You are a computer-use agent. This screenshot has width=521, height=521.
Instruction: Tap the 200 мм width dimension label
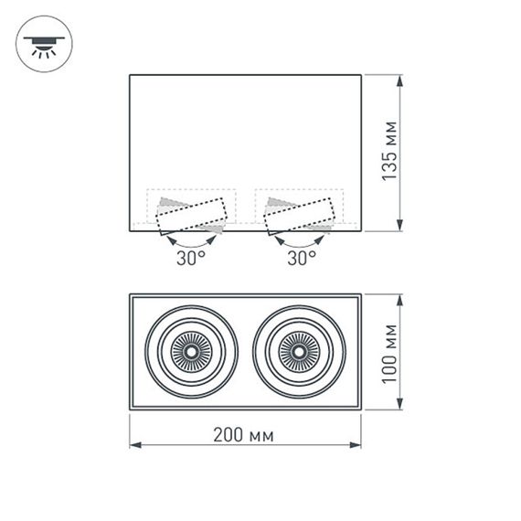tap(246, 435)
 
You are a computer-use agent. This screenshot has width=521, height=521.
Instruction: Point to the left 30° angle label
tap(191, 258)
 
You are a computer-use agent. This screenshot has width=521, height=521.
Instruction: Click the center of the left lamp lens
tap(192, 352)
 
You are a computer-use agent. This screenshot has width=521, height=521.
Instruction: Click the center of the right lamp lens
tap(299, 352)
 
